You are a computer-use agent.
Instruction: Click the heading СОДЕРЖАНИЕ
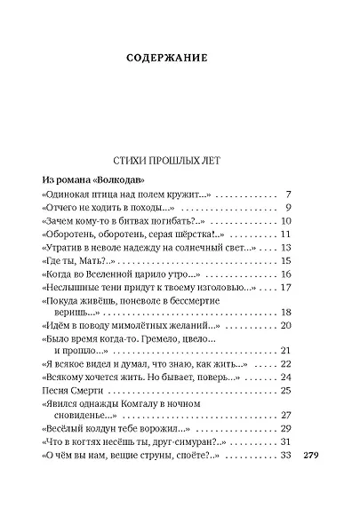click(x=180, y=60)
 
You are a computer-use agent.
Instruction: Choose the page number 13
click(x=285, y=248)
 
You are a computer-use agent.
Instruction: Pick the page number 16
click(x=285, y=275)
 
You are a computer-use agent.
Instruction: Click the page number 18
click(x=285, y=312)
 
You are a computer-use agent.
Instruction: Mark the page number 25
click(x=285, y=391)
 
